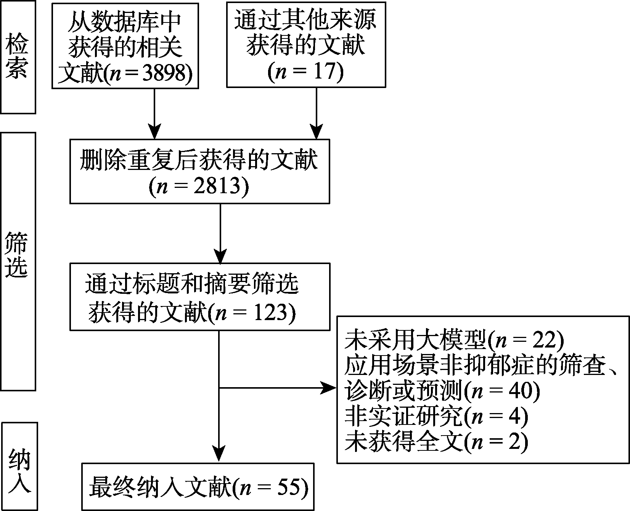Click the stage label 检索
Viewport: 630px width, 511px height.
[x=18, y=57]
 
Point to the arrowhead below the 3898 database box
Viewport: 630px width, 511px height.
[x=154, y=131]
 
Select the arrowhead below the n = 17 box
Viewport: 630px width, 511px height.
[x=316, y=131]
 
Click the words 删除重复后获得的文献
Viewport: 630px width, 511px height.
[x=199, y=161]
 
